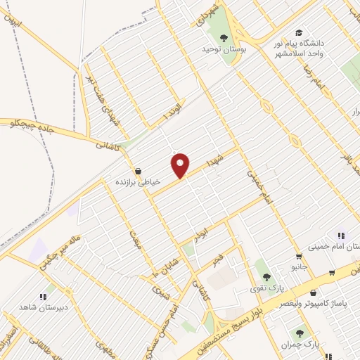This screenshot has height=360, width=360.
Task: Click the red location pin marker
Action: [181, 165]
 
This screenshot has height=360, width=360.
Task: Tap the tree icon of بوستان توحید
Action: [224, 38]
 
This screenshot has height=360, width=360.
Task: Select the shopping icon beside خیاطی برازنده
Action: [138, 171]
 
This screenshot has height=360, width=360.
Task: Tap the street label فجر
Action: [220, 257]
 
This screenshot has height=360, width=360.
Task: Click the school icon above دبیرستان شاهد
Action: [43, 296]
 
